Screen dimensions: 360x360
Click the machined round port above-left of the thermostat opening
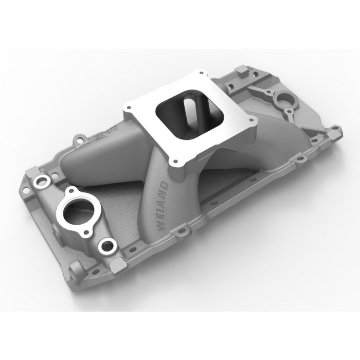[x=40, y=182]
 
